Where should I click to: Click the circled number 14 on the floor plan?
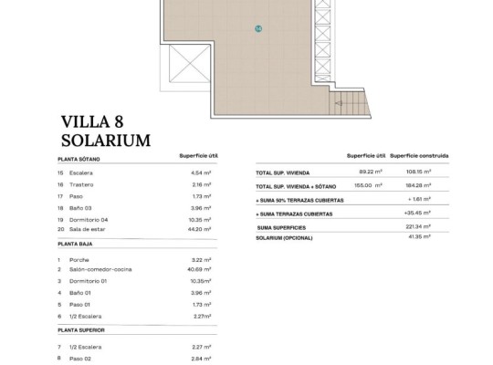pos(259,29)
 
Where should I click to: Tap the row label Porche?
pos(79,258)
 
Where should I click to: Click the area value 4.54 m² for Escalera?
pos(200,172)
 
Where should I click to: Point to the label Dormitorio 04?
pos(89,219)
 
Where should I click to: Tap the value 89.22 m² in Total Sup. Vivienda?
pos(370,171)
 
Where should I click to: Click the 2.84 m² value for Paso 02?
pos(200,359)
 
